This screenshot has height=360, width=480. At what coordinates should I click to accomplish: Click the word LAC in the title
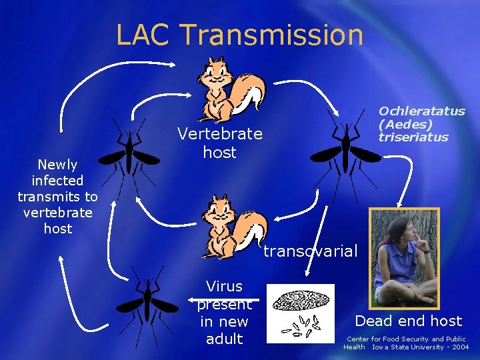click(143, 35)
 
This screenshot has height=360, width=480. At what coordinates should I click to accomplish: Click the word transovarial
click(311, 251)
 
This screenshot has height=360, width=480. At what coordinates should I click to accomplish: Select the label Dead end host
click(408, 321)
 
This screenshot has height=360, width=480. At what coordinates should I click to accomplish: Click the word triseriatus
click(413, 137)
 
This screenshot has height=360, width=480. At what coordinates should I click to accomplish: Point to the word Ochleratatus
click(422, 111)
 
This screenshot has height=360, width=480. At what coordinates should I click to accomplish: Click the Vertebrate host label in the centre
click(220, 143)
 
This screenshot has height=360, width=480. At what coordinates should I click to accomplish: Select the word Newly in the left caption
click(57, 164)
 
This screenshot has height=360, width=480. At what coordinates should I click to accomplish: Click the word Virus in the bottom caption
click(225, 287)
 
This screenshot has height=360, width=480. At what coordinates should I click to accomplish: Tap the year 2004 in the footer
click(459, 347)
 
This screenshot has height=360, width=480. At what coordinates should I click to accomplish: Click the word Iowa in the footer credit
click(381, 347)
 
